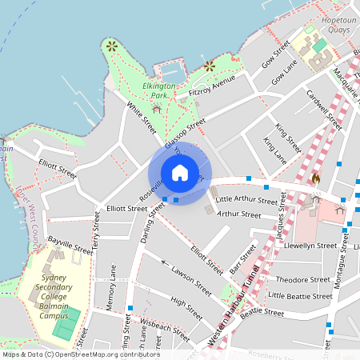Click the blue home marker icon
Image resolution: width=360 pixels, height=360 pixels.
180,173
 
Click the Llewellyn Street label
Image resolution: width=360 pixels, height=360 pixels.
310,246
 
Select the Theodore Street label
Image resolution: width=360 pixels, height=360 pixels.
303,280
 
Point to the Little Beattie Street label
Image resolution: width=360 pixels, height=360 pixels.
300,296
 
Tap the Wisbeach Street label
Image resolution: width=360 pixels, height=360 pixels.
166,326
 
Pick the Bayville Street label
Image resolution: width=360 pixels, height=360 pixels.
70,245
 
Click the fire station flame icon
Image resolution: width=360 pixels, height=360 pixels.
315,180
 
